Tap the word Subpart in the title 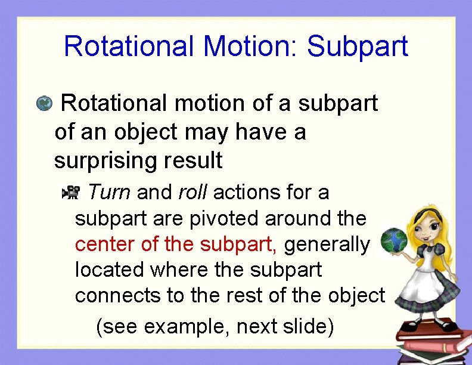pos(358,47)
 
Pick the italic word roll pos(192,193)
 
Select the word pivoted pos(224,219)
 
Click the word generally pos(331,245)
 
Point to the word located pos(110,270)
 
